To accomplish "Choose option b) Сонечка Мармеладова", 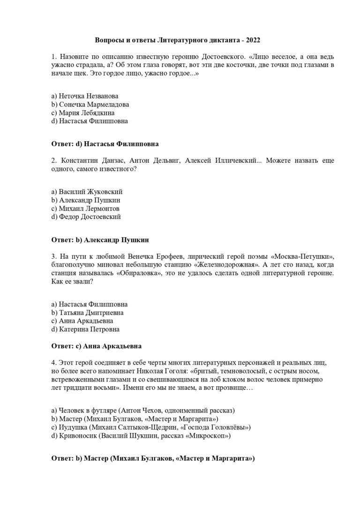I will (x=90, y=104).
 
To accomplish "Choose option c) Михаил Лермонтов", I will (x=85, y=208).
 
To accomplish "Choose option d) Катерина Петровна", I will (x=85, y=329).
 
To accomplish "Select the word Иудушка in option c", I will (x=73, y=427).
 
